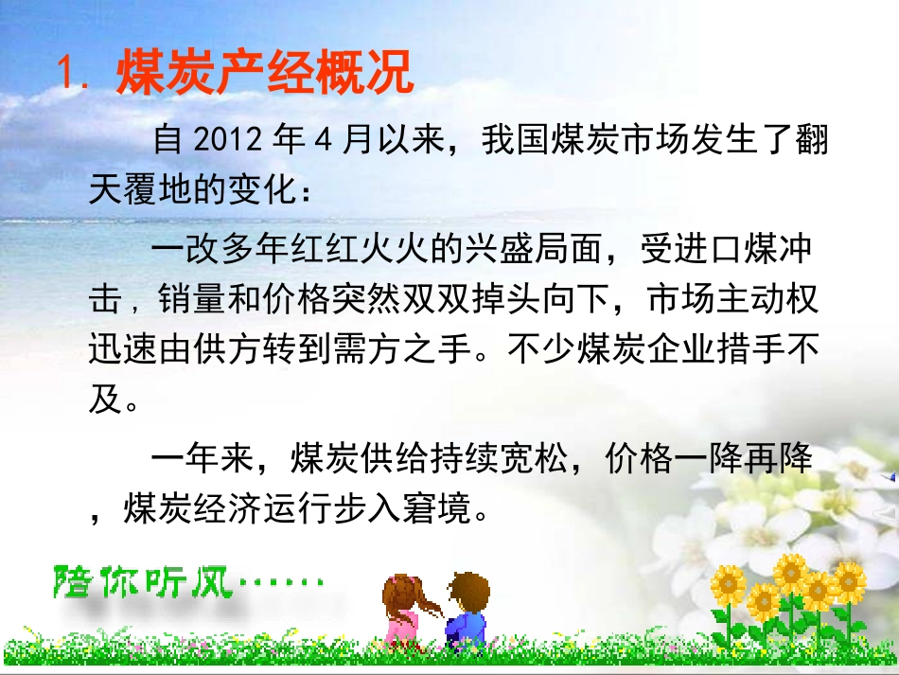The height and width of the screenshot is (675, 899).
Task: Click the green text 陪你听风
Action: pyautogui.click(x=142, y=580)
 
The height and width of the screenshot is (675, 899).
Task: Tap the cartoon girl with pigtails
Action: pyautogui.click(x=404, y=610)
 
